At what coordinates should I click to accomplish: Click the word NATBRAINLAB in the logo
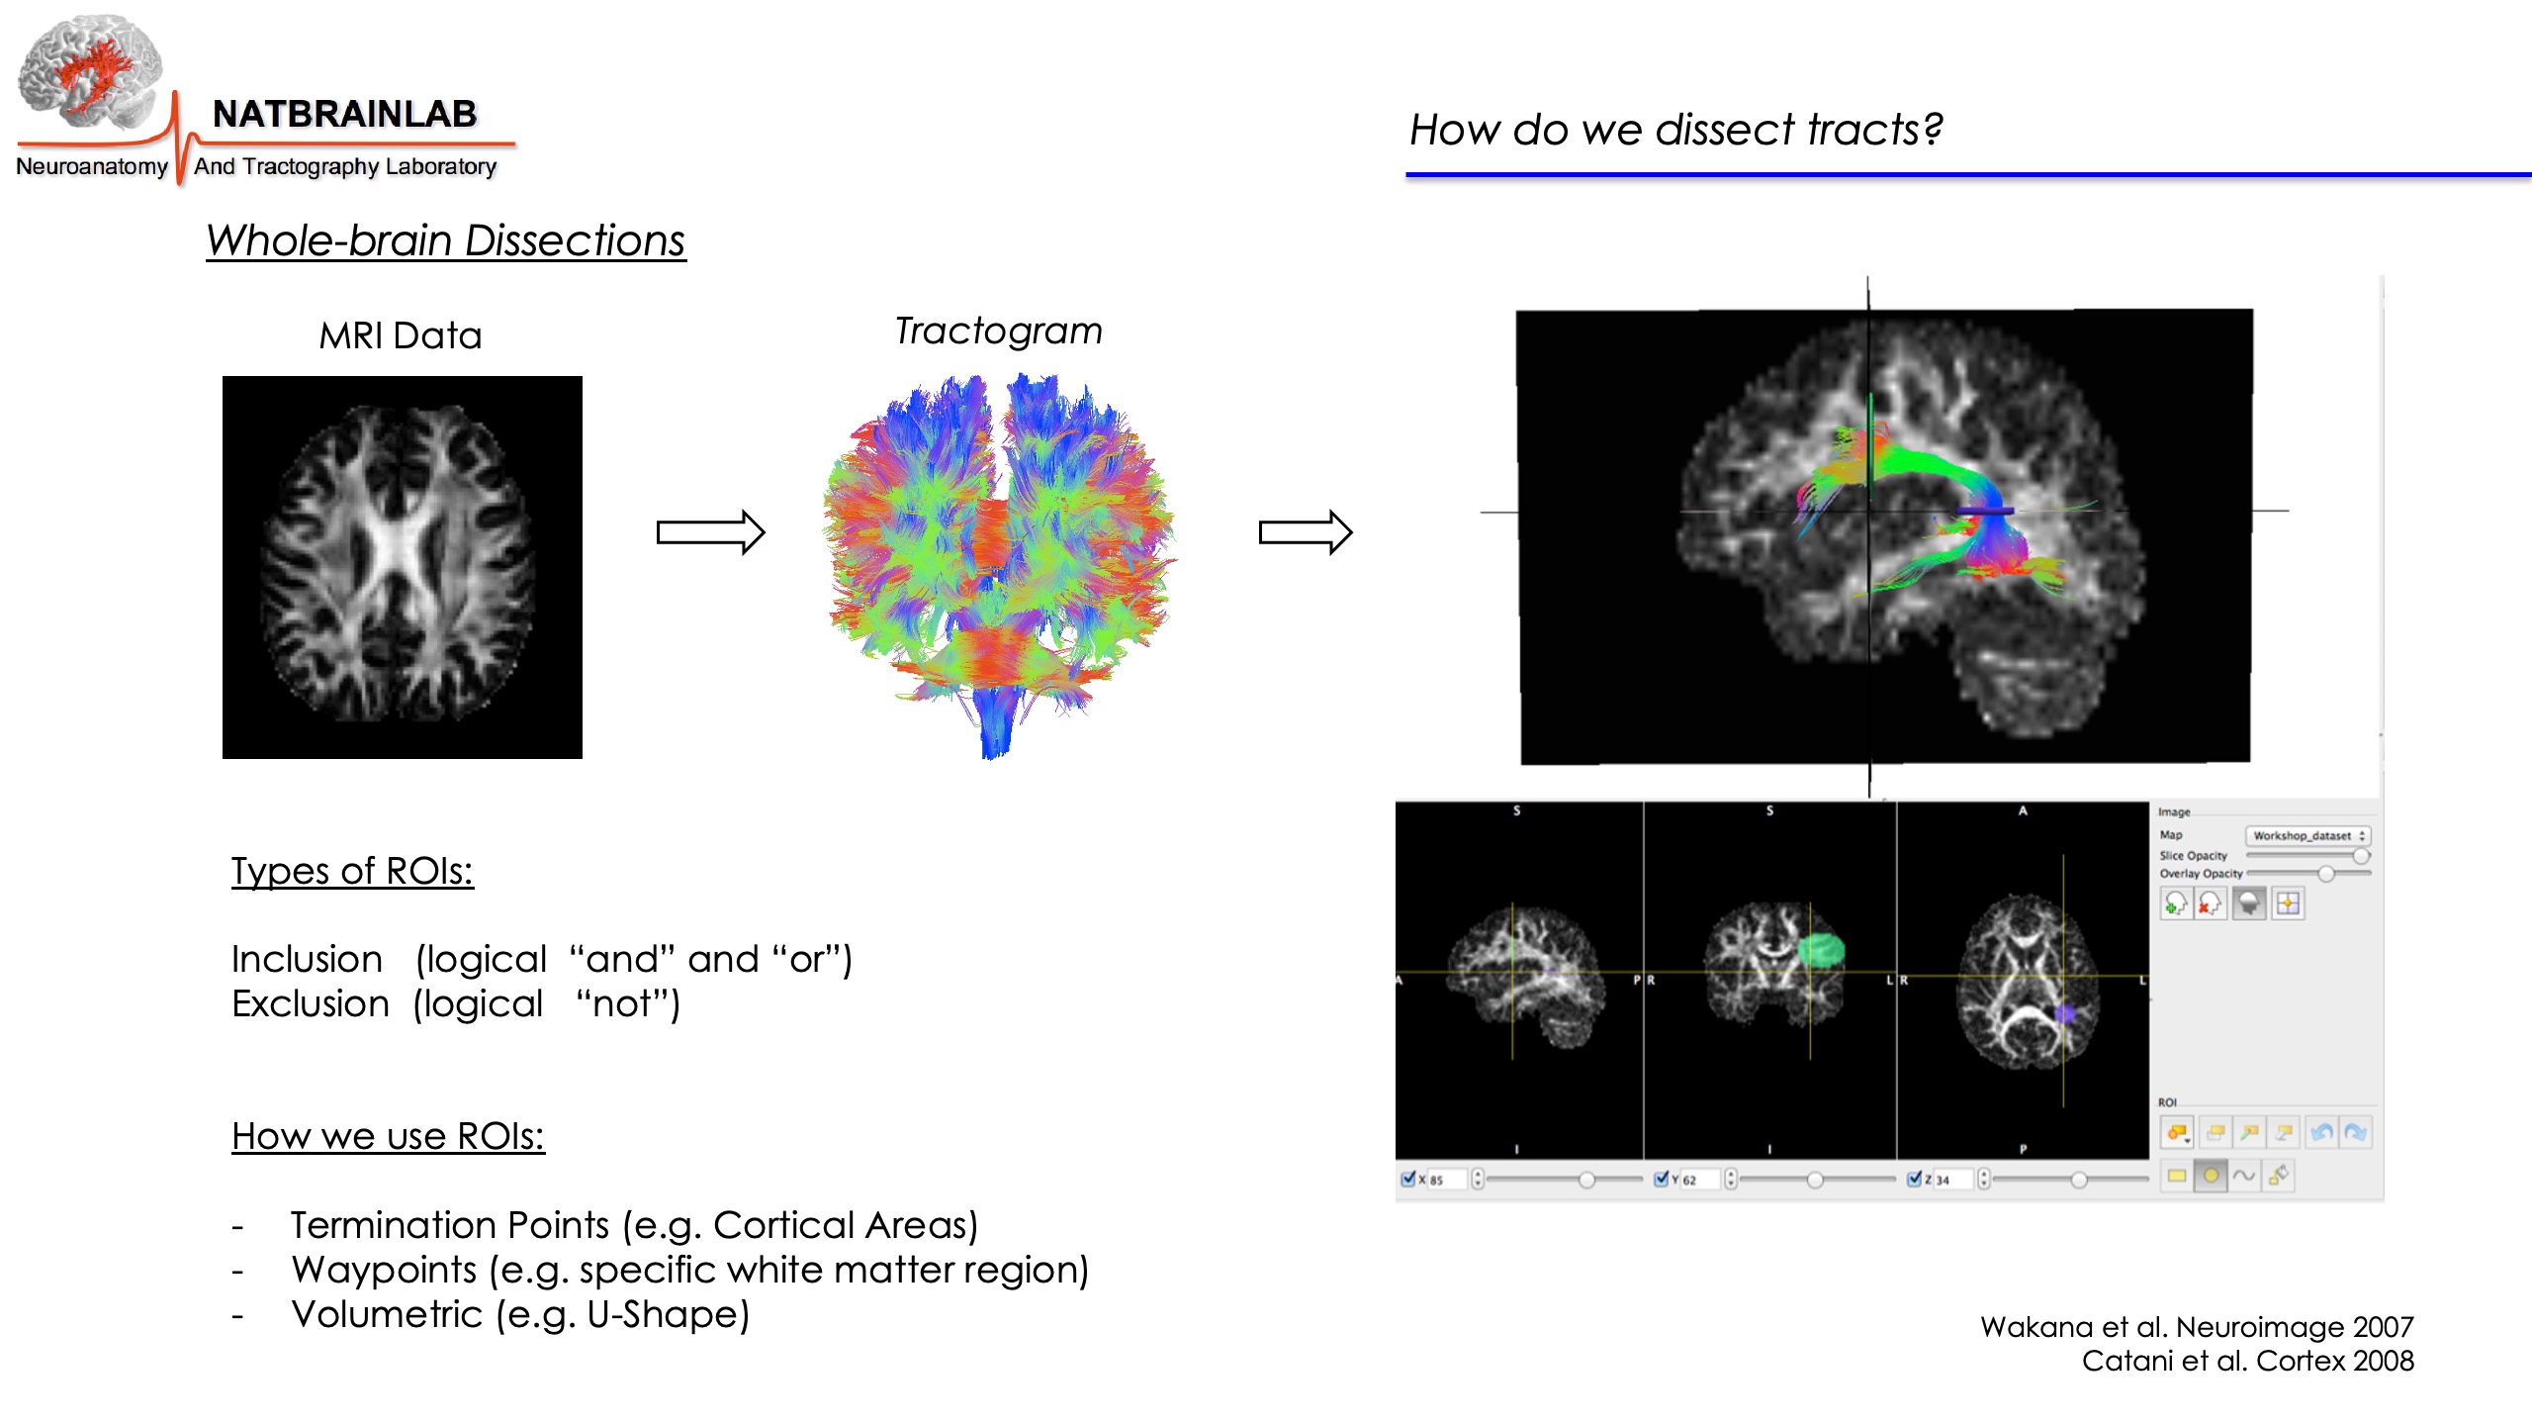[344, 114]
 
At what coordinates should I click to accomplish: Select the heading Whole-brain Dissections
[445, 240]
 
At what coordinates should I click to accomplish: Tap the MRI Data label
[401, 335]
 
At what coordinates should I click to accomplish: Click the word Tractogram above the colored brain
[998, 331]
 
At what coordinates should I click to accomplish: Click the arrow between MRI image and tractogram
[710, 532]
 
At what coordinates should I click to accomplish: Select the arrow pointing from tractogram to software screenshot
[1305, 532]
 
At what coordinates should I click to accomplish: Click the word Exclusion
[311, 1003]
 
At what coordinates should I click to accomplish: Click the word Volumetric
[387, 1314]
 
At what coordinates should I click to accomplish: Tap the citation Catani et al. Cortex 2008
[2247, 1361]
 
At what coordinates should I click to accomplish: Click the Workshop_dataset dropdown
[2307, 836]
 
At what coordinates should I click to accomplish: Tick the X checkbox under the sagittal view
[1408, 1179]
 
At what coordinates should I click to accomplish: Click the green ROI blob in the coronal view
[1820, 950]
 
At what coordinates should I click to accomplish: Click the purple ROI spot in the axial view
[2065, 1013]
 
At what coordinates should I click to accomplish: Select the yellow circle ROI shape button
[2211, 1176]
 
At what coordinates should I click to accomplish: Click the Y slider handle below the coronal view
[1815, 1180]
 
